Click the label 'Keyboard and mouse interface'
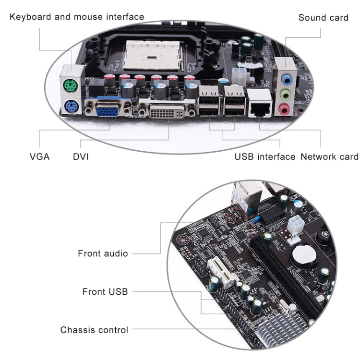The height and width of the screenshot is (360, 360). [77, 17]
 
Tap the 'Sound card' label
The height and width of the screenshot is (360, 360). [323, 18]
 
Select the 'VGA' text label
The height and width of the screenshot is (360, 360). [39, 156]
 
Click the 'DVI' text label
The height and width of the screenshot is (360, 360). [81, 156]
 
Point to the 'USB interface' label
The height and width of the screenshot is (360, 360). [264, 156]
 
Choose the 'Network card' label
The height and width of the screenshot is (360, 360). [329, 156]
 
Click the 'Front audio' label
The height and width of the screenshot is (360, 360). [103, 253]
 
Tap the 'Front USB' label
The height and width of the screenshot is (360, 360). [105, 291]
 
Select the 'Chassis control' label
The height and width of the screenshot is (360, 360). [94, 330]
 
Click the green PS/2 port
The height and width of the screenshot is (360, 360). [71, 86]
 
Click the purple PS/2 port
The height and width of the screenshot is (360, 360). [71, 107]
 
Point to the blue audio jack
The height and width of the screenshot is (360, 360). [287, 78]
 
